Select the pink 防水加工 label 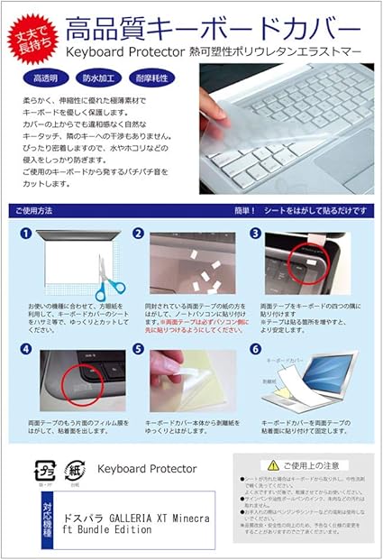(x=98, y=78)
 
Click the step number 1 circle (x=26, y=234)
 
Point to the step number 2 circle (x=138, y=234)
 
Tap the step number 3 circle (x=255, y=234)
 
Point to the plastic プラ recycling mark (x=43, y=472)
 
